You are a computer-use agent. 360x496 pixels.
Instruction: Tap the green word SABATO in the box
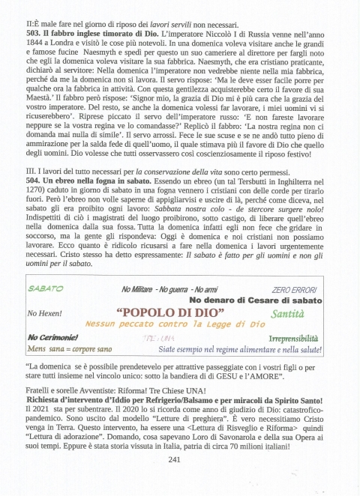pos(45,288)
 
